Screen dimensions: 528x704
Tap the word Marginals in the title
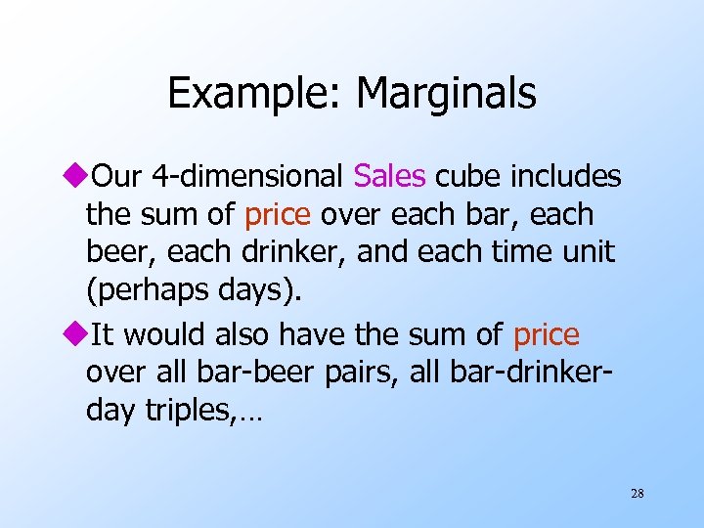click(446, 94)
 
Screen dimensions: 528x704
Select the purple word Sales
click(390, 176)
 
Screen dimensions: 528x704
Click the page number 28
click(637, 494)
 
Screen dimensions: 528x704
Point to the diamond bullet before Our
click(80, 177)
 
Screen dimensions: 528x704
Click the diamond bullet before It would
click(80, 335)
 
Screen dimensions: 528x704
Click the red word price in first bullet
click(278, 213)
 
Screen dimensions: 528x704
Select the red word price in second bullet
click(546, 335)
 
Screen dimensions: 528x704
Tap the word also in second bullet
click(239, 335)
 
